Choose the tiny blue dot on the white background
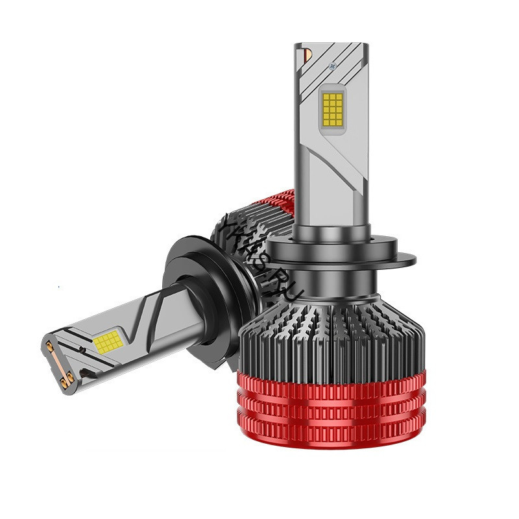click(59, 284)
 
